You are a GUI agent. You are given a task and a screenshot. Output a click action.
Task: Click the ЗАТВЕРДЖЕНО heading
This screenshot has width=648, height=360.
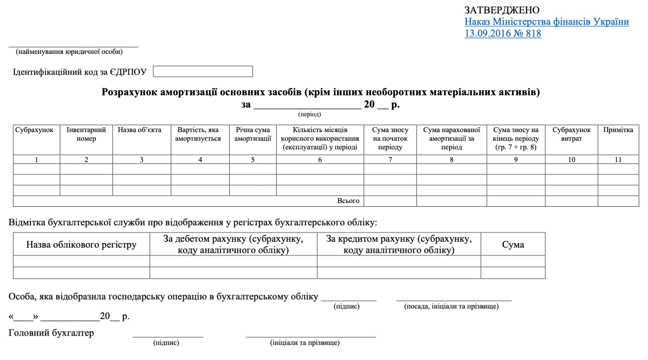tap(502, 10)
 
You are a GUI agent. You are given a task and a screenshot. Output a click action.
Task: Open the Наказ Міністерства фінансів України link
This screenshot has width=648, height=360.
tap(547, 22)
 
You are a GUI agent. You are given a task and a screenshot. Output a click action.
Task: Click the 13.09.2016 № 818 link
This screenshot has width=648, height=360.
tap(503, 33)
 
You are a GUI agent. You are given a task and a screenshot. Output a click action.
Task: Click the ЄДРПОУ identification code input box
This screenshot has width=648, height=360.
tap(202, 72)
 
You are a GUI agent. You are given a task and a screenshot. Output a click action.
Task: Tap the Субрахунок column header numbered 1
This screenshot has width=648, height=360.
tap(35, 130)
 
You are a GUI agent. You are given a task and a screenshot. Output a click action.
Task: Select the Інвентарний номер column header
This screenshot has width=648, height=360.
tap(87, 134)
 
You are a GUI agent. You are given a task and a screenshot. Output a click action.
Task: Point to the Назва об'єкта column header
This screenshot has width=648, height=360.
tap(139, 130)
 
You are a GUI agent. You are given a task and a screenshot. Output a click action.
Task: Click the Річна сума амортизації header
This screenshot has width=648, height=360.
tap(253, 134)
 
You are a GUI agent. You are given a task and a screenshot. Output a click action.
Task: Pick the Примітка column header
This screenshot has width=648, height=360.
tap(618, 130)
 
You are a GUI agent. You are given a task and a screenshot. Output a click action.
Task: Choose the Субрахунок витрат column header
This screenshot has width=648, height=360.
tap(571, 134)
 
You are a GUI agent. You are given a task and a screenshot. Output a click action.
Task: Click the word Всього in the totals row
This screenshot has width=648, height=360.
tap(348, 201)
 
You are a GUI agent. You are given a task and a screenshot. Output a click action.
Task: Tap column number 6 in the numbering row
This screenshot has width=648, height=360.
tap(320, 160)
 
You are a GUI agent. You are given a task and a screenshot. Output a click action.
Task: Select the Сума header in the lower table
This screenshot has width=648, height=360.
tap(513, 244)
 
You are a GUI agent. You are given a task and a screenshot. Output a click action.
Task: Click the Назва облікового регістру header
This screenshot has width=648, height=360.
tap(81, 244)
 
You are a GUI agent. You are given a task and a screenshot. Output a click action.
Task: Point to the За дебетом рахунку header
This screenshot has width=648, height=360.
tap(233, 244)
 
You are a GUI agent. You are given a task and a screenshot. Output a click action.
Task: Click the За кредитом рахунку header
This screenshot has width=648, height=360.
tap(399, 244)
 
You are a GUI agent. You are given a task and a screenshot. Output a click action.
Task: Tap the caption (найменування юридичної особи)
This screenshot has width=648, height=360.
tap(69, 52)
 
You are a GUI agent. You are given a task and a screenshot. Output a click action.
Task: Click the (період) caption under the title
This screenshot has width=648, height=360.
tap(309, 114)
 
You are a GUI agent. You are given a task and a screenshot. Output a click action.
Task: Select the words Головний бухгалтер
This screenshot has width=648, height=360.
tap(51, 332)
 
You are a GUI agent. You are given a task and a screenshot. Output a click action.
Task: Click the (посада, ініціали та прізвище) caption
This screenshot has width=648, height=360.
tap(451, 306)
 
